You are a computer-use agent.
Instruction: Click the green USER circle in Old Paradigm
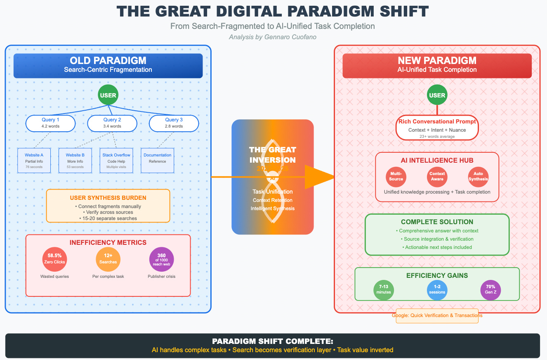pyautogui.click(x=108, y=95)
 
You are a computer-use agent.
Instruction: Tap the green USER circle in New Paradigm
pyautogui.click(x=437, y=95)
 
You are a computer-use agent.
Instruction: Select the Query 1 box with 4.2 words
pyautogui.click(x=51, y=123)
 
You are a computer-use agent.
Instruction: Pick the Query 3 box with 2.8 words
pyautogui.click(x=174, y=123)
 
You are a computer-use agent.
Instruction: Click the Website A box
pyautogui.click(x=34, y=161)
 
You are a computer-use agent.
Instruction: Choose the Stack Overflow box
pyautogui.click(x=116, y=161)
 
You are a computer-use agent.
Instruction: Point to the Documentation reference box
pyautogui.click(x=158, y=161)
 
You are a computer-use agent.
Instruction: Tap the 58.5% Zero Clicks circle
pyautogui.click(x=54, y=259)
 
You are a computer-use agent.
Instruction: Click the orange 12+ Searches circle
pyautogui.click(x=108, y=259)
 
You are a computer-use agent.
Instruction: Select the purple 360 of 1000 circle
pyautogui.click(x=162, y=259)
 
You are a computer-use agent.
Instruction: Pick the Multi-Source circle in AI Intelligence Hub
pyautogui.click(x=396, y=176)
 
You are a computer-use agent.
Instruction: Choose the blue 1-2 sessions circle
pyautogui.click(x=437, y=289)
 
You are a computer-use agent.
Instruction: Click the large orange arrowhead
pyautogui.click(x=320, y=177)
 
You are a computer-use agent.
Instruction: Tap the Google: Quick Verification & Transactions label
pyautogui.click(x=437, y=315)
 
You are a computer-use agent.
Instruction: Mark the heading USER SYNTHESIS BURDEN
pyautogui.click(x=108, y=198)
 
